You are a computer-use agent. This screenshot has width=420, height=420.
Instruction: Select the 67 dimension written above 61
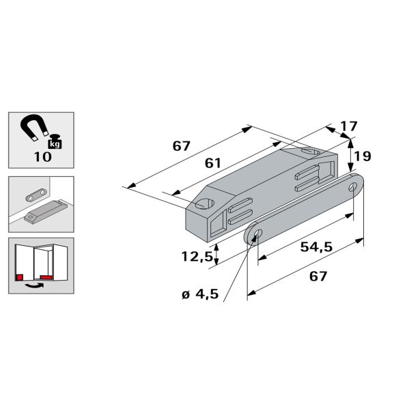pyautogui.click(x=180, y=145)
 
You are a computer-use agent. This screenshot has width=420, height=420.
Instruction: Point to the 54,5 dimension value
pyautogui.click(x=316, y=247)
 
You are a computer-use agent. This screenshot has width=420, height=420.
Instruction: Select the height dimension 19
pyautogui.click(x=362, y=156)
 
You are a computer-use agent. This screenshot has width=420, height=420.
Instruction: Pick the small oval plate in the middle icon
pyautogui.click(x=36, y=195)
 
